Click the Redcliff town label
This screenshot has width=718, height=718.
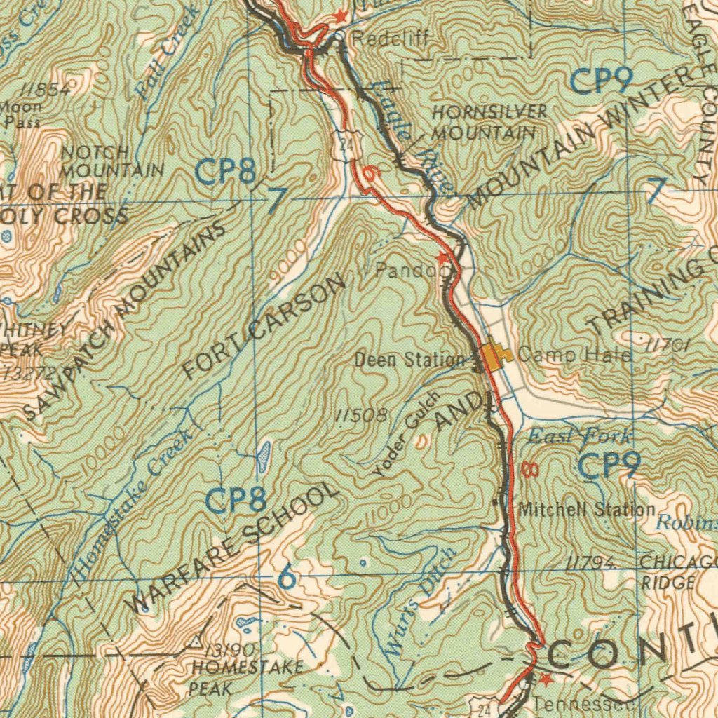coord(389,40)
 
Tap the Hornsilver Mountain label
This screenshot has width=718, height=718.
coord(489,122)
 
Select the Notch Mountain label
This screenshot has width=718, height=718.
coord(112,161)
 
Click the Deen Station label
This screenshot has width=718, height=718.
coord(409,360)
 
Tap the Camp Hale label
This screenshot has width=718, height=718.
coord(574,355)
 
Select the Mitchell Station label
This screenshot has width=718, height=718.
coord(587,509)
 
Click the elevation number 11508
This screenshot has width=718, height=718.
coord(361,415)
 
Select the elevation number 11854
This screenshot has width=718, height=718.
coord(46,89)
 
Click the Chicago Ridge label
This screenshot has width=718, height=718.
coord(677,571)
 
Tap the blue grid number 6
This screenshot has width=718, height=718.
coord(286,578)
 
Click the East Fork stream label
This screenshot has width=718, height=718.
coord(578,436)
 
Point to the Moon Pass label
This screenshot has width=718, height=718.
coord(21,114)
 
